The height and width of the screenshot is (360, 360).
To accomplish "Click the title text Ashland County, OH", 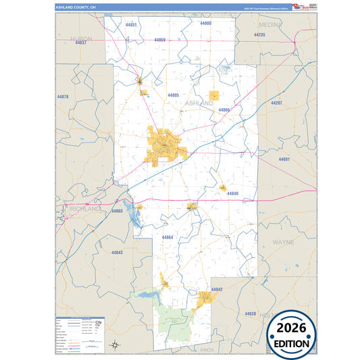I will click(76, 8).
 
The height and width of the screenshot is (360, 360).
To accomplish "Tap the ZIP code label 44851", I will click(131, 24).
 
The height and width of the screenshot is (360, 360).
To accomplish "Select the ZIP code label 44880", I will click(206, 23).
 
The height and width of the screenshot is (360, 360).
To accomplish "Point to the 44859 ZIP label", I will click(160, 40).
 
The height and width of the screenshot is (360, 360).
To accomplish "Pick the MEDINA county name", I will click(288, 24).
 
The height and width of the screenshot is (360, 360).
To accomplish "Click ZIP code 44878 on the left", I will click(63, 97).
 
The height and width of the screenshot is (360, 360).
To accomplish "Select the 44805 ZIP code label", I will click(174, 95).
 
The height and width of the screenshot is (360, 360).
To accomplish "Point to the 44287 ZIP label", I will click(276, 103).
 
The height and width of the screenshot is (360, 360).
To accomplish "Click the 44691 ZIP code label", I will click(284, 159).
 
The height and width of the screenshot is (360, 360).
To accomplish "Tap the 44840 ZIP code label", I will click(232, 194).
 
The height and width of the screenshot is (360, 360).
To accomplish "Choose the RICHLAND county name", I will click(84, 209).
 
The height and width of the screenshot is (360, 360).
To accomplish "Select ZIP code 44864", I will click(168, 237).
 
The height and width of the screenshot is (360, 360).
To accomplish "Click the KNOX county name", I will click(207, 351).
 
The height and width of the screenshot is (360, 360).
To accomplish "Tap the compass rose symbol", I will click(115, 344).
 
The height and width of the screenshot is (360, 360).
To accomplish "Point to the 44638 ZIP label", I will click(251, 314).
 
